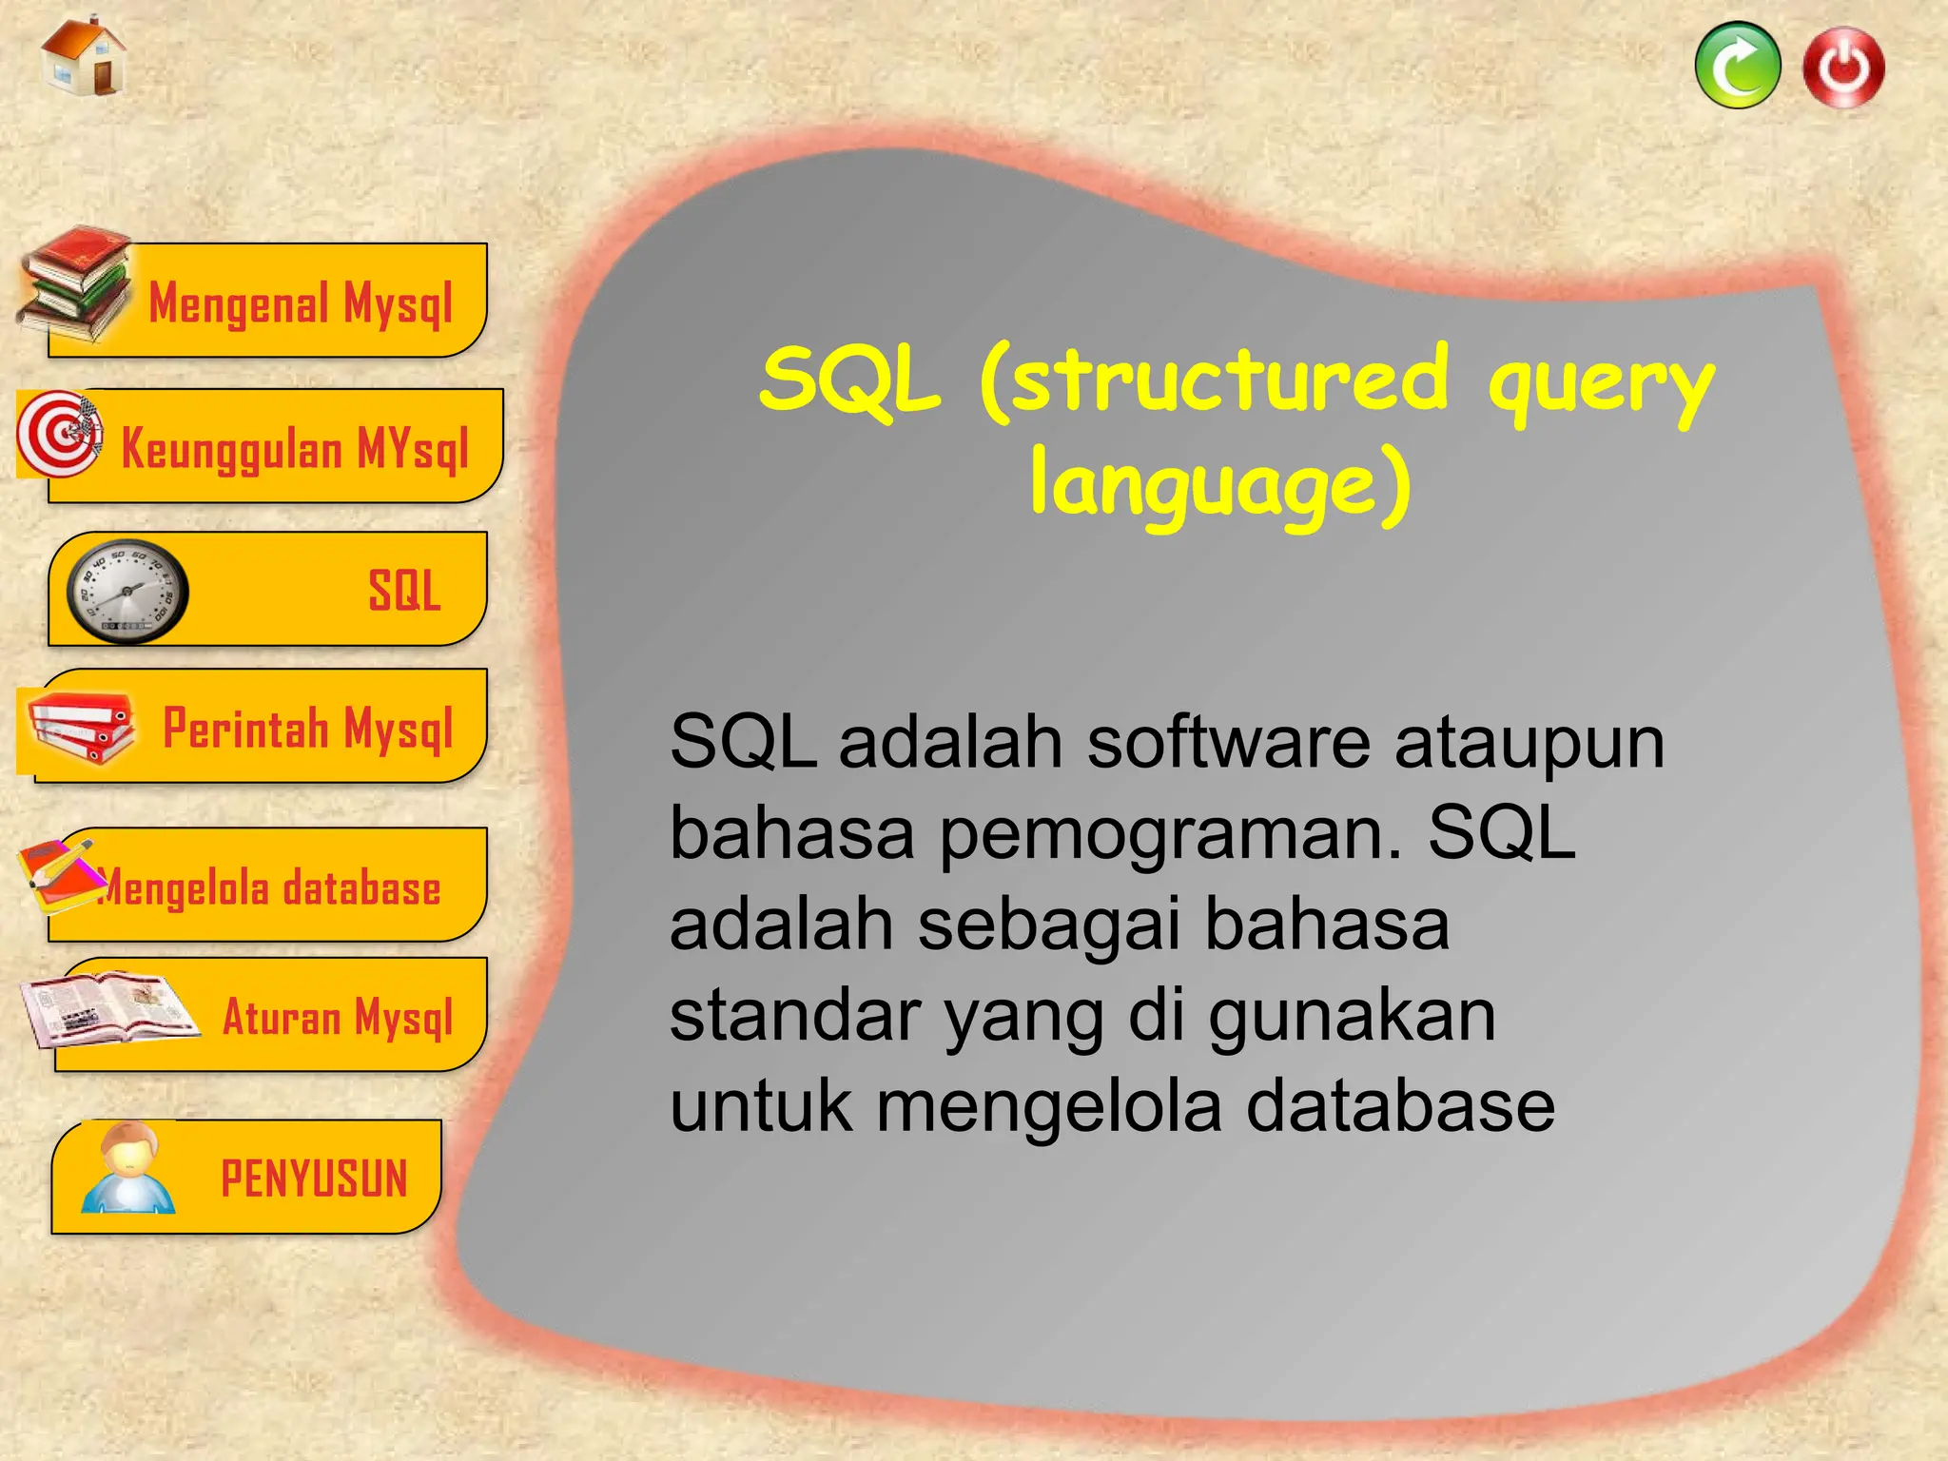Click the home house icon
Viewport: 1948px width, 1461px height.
coord(85,57)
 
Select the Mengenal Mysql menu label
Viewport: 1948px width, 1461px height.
coord(301,304)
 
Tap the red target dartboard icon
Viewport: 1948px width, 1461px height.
coord(60,434)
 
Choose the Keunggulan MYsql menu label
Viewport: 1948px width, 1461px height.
coord(295,449)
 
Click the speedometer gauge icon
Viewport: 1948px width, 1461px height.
coord(127,592)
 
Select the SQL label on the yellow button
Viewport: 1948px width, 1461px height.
coord(404,591)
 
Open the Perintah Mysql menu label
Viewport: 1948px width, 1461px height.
coord(307,729)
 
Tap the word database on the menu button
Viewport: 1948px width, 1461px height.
coord(361,888)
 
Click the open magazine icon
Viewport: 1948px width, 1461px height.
coord(107,1008)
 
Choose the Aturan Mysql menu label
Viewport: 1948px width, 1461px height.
coord(338,1017)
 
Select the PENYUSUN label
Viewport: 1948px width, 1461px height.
coord(314,1179)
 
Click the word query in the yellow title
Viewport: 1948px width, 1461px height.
coord(1600,385)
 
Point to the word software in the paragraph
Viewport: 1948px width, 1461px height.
coord(1228,743)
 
